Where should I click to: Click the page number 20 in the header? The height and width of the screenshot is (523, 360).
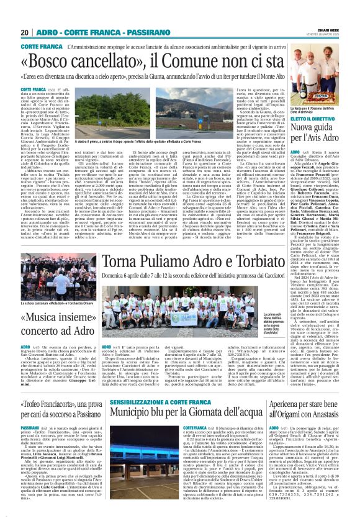tap(25, 32)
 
